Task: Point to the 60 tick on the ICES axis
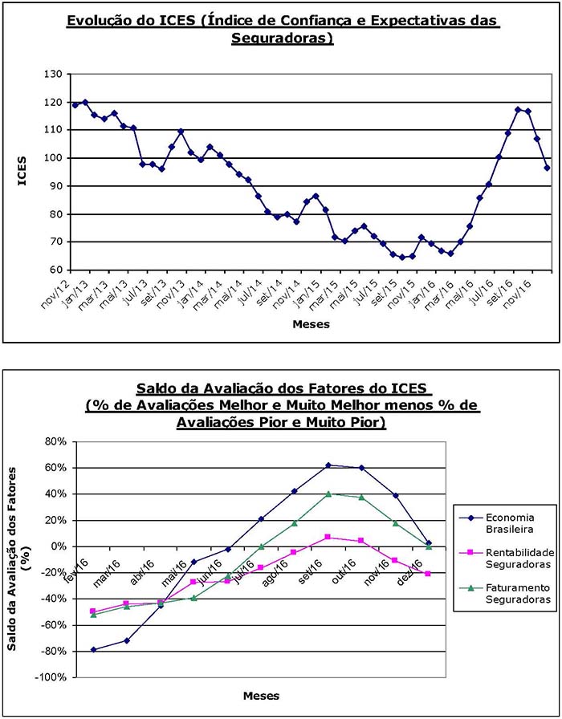coord(54,270)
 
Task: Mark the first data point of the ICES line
coord(75,104)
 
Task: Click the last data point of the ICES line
coord(547,168)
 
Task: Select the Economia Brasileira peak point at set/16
coord(328,465)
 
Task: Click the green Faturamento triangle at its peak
coord(328,494)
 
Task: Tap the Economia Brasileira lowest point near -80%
coord(94,649)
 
